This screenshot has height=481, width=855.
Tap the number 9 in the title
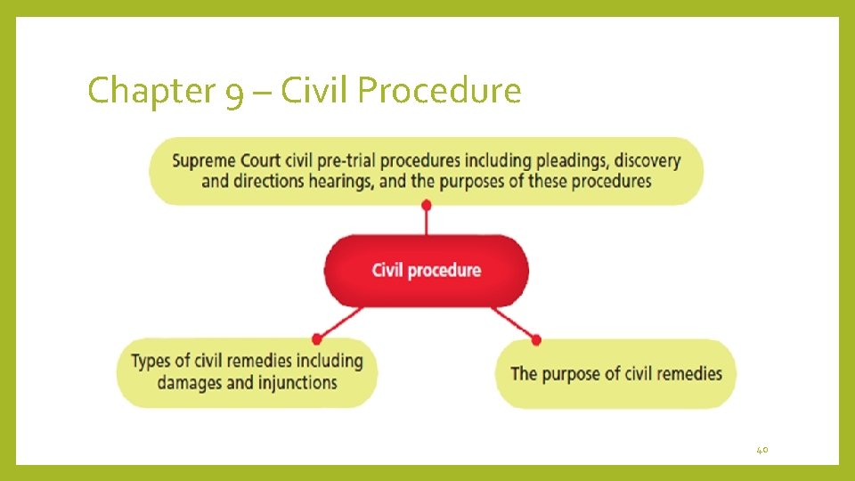[234, 93]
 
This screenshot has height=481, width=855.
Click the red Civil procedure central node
[426, 270]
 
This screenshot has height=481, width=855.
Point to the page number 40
[761, 451]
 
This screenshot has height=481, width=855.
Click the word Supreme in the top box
[204, 161]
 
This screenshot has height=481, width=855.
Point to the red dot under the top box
[426, 206]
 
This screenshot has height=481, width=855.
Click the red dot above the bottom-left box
[316, 338]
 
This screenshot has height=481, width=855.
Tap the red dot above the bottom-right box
[535, 338]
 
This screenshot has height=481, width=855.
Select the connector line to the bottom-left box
[340, 322]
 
